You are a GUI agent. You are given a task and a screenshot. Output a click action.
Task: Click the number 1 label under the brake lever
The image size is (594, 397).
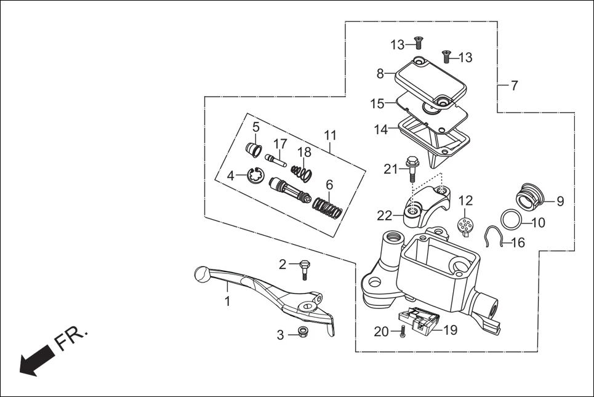227,302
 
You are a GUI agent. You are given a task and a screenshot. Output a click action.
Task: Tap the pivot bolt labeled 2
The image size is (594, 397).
303,269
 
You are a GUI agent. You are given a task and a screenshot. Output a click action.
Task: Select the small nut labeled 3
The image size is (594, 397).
302,333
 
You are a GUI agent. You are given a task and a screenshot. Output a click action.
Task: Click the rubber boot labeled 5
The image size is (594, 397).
253,149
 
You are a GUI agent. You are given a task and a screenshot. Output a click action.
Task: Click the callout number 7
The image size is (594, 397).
515,86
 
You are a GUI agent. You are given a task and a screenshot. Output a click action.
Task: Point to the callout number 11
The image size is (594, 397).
331,135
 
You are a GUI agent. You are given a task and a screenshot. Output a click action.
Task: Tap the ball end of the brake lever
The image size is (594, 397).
202,274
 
